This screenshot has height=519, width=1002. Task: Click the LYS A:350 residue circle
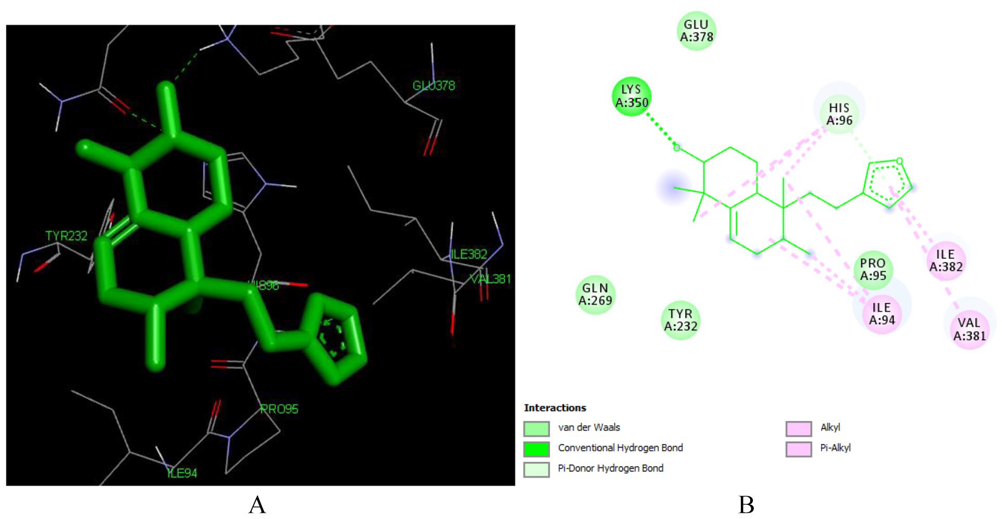coord(631,96)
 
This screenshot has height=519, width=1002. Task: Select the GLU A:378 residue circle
coord(696,31)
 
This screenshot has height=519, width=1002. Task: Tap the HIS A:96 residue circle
coord(839,114)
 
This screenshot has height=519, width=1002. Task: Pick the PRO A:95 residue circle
coord(873,269)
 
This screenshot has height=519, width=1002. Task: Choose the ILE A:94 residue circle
coord(882,314)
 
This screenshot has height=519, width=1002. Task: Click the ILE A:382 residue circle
coord(946,261)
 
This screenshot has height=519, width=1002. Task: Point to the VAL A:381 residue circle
coord(969,329)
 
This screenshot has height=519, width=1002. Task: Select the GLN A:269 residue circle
coord(595,294)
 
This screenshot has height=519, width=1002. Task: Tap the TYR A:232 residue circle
coord(680,320)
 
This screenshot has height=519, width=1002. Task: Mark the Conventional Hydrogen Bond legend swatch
coord(536,449)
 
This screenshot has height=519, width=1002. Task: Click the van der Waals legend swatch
coord(536,428)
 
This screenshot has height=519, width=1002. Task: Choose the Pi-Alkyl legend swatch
coord(799,449)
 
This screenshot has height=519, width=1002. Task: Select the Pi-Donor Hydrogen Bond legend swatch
coord(536,469)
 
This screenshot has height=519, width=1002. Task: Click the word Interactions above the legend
coord(555,408)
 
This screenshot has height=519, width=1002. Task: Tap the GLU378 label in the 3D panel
coord(434,85)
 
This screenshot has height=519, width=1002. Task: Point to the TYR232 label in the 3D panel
coord(66,236)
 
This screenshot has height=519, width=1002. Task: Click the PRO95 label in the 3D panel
coord(279,409)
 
